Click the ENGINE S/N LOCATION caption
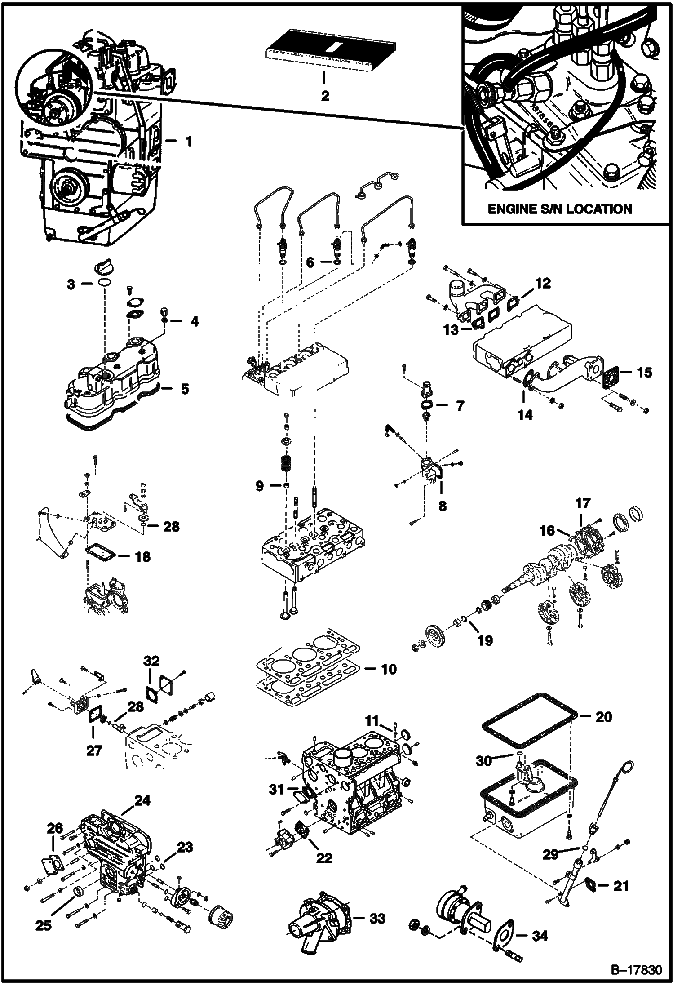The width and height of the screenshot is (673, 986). pyautogui.click(x=560, y=209)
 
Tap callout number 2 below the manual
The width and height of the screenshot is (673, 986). pyautogui.click(x=325, y=96)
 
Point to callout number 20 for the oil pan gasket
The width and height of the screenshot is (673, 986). pyautogui.click(x=603, y=716)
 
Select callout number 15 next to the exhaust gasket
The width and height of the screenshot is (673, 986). pyautogui.click(x=645, y=373)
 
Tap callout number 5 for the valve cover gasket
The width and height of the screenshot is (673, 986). pyautogui.click(x=185, y=389)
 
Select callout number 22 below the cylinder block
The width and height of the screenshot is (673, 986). pyautogui.click(x=324, y=858)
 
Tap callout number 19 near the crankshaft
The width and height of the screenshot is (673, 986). pyautogui.click(x=484, y=640)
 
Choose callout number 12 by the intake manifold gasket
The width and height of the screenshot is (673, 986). pyautogui.click(x=543, y=283)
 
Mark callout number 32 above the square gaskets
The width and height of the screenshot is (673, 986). pyautogui.click(x=152, y=662)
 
